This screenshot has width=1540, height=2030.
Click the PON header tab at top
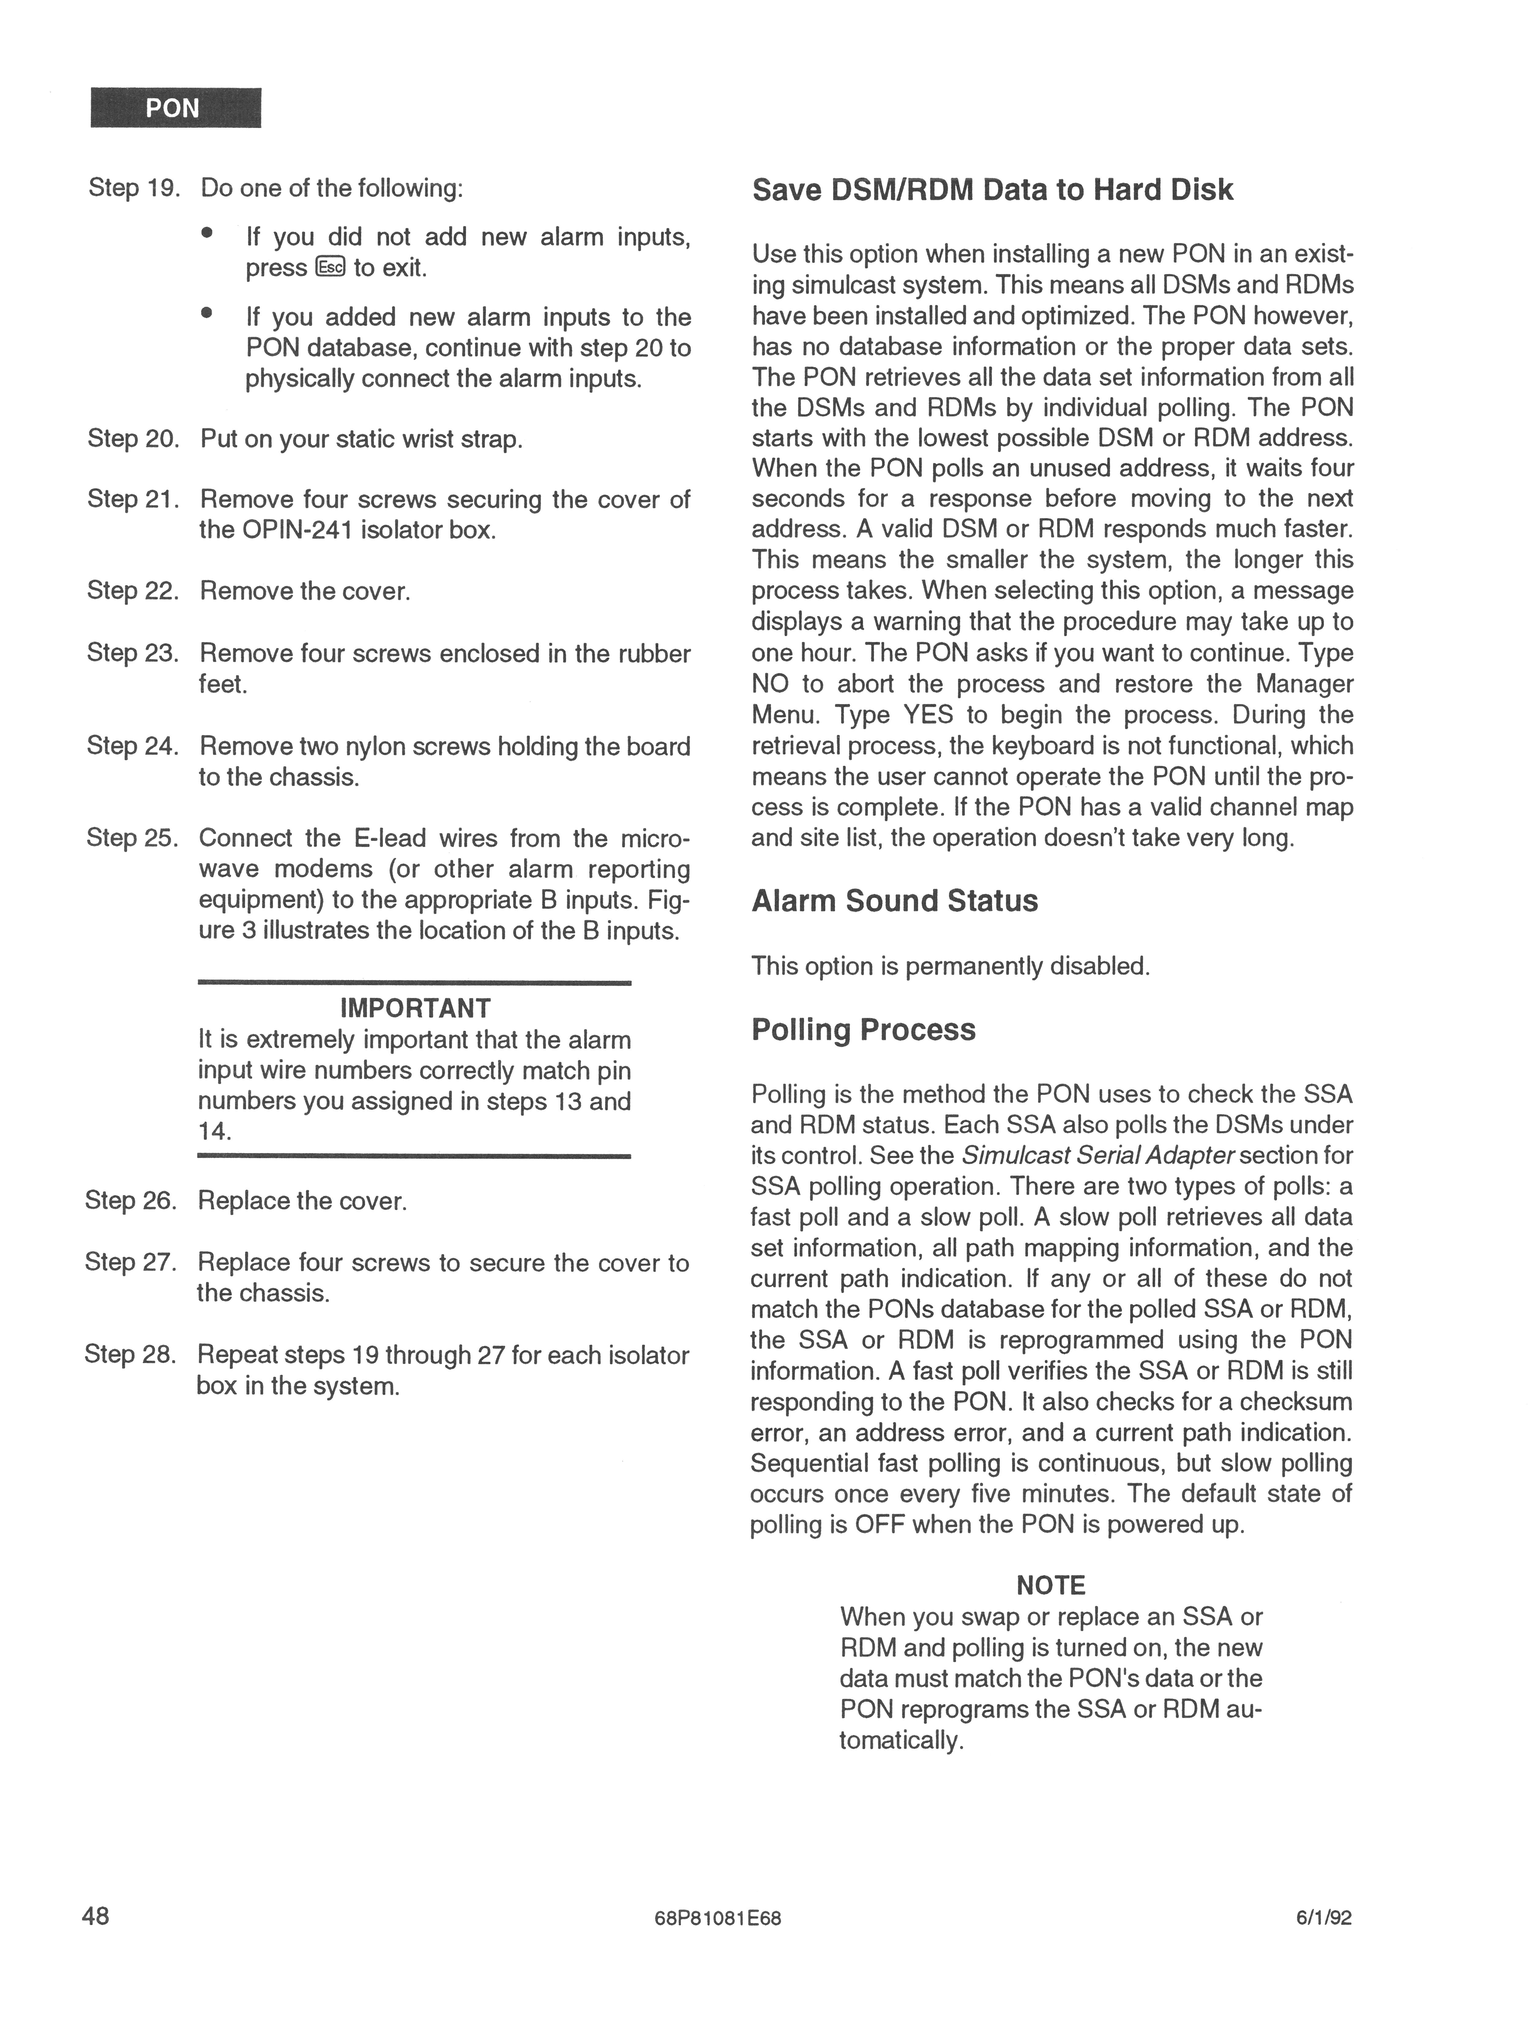click(x=175, y=108)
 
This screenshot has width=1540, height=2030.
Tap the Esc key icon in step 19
click(x=330, y=267)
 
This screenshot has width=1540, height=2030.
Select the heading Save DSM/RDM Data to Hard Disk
click(x=992, y=190)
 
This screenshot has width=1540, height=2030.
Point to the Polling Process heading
click(x=863, y=1030)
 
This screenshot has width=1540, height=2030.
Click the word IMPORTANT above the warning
click(x=415, y=1009)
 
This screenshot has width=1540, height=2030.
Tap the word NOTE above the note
click(x=1051, y=1586)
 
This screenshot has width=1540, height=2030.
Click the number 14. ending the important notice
click(x=215, y=1132)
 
